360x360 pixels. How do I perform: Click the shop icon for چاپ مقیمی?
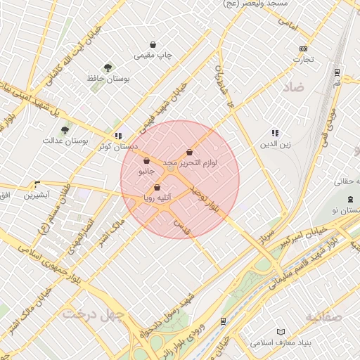(x=153, y=44)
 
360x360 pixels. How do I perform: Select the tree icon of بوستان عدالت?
(x=65, y=130)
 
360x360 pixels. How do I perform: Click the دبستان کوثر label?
(x=117, y=146)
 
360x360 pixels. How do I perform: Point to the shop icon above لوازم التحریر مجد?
(x=190, y=153)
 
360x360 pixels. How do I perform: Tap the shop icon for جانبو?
(x=146, y=161)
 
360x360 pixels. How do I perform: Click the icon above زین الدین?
(x=275, y=133)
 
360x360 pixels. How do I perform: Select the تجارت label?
(x=302, y=59)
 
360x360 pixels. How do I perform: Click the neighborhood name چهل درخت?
(x=93, y=313)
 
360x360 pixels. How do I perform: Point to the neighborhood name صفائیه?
(x=323, y=317)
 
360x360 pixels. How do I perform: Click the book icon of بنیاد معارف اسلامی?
(x=281, y=331)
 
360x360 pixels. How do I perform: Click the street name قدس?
(x=182, y=225)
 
